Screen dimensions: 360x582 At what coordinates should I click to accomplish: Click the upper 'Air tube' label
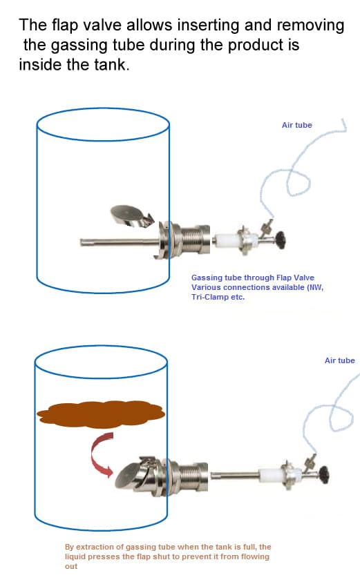(296, 125)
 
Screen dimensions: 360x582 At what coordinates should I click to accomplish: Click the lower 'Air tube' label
(339, 360)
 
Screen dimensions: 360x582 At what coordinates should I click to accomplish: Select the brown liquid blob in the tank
(101, 414)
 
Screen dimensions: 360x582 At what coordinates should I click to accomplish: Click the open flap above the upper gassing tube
(130, 215)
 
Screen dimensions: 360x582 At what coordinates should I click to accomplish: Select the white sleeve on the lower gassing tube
(271, 475)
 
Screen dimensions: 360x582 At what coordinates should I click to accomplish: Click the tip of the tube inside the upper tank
(82, 242)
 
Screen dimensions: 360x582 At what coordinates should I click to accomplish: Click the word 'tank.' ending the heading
(111, 65)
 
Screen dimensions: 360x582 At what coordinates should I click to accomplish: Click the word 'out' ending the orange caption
(71, 566)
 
